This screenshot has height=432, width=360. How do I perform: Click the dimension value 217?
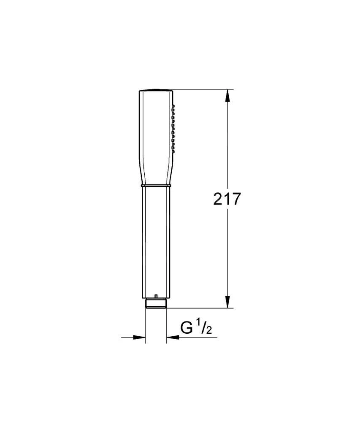[227, 199]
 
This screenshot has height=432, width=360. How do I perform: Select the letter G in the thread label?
[187, 327]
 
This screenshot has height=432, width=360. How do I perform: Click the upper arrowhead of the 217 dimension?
[227, 96]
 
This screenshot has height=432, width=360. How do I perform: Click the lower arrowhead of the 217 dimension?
[227, 301]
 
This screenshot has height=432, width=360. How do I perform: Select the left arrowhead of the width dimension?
[139, 337]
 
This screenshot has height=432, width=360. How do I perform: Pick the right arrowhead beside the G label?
[173, 337]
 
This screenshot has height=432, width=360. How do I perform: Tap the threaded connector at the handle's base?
[156, 303]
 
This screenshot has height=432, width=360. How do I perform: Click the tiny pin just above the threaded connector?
[156, 297]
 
